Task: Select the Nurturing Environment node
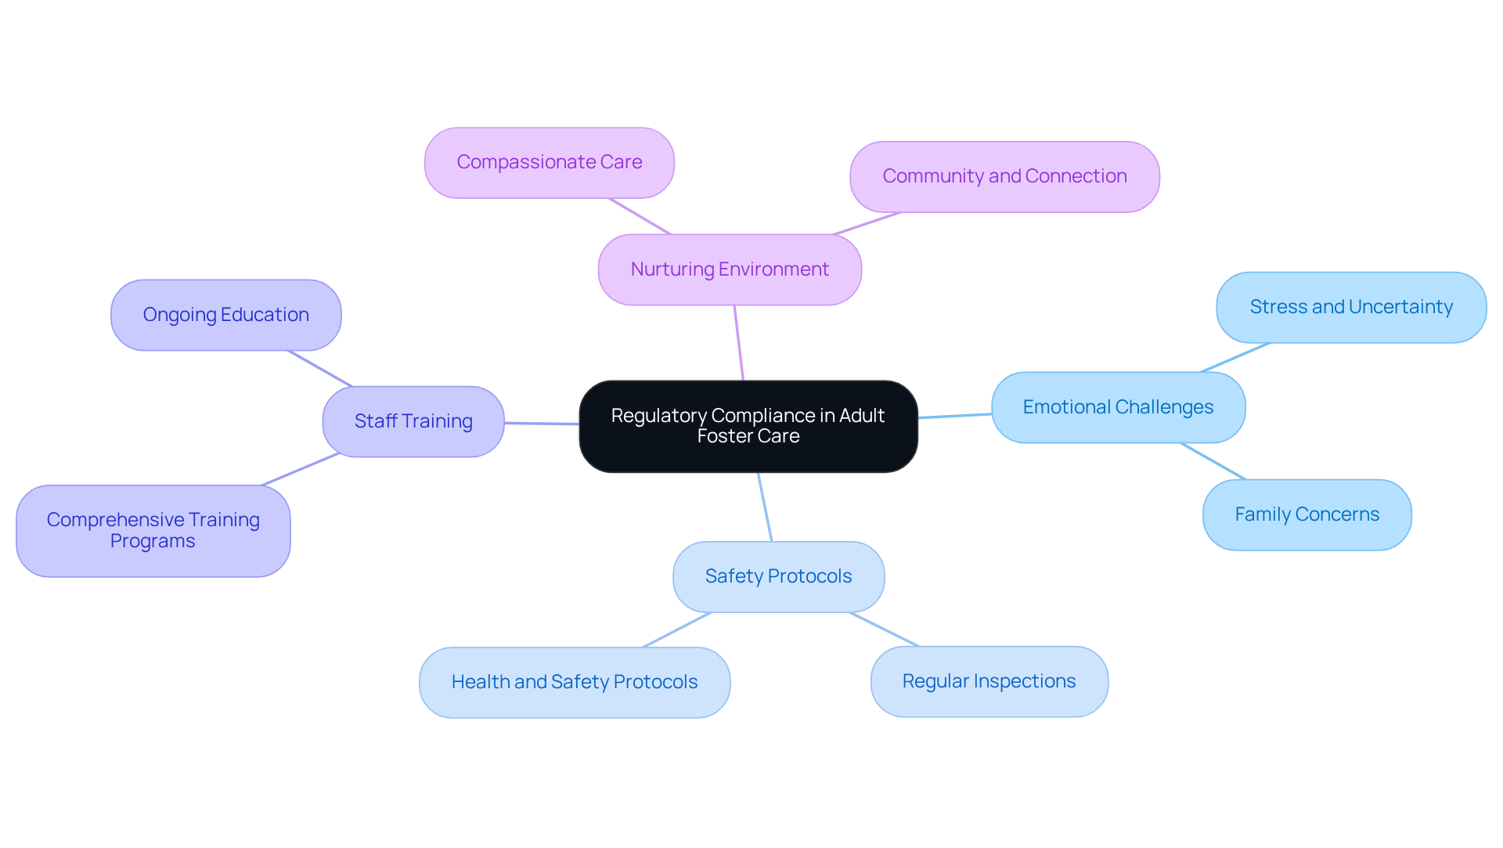[x=730, y=269]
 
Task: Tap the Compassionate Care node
[x=549, y=162]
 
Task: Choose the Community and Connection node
[x=1004, y=176]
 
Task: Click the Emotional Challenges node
[x=1118, y=407]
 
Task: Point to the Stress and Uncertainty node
[x=1350, y=307]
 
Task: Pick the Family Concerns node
[x=1307, y=514]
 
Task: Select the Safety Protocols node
[x=778, y=576]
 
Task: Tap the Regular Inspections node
[x=989, y=681]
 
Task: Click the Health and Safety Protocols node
[x=574, y=682]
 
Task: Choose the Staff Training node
[x=413, y=421]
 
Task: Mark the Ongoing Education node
[x=225, y=315]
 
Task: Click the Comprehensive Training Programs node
[x=153, y=531]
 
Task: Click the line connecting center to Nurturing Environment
[x=739, y=343]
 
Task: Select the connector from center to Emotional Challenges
[x=955, y=416]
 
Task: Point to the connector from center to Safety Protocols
[x=765, y=507]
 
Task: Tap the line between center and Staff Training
[x=542, y=424]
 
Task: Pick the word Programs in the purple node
[x=153, y=541]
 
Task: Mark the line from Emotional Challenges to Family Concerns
[x=1213, y=461]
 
